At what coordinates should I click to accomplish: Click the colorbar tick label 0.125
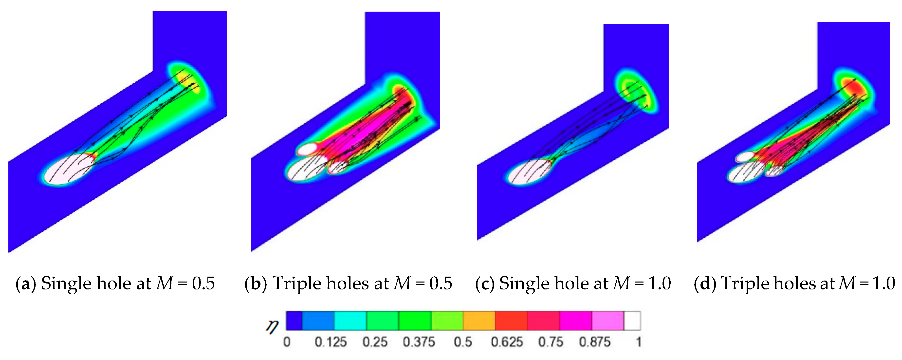[331, 342]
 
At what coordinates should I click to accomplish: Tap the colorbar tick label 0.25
[375, 342]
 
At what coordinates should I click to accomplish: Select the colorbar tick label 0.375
[419, 342]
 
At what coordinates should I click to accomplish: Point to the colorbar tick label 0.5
[463, 342]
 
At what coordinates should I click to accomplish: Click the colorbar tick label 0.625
[507, 342]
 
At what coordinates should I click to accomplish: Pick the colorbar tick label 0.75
[551, 342]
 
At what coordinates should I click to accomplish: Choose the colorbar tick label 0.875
[595, 342]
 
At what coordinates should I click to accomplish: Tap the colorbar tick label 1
[639, 342]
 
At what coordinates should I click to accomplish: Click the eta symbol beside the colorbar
[272, 326]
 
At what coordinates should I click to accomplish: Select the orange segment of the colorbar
[479, 321]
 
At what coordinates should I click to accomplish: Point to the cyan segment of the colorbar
[350, 321]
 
